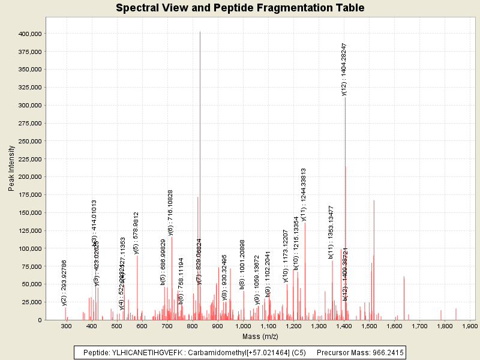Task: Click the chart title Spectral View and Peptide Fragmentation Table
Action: [x=240, y=8]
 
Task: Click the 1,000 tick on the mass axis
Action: [x=243, y=325]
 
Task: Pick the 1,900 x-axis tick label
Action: [x=469, y=325]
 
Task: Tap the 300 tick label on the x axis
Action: [x=67, y=325]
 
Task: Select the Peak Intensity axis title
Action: [x=11, y=172]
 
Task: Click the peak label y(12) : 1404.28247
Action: [x=344, y=70]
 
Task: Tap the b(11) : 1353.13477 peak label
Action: [x=331, y=232]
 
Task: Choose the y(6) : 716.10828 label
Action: [x=170, y=212]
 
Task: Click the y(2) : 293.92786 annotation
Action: [x=64, y=283]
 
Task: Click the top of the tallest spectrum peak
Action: [x=200, y=32]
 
